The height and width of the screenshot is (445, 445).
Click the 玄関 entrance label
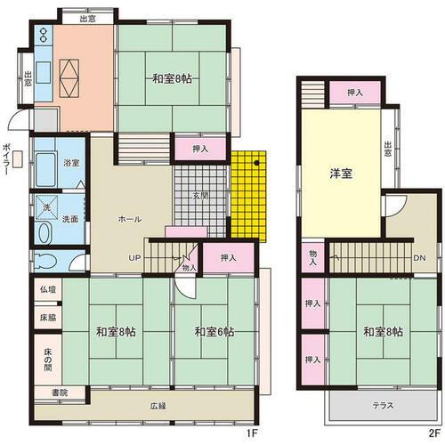200,196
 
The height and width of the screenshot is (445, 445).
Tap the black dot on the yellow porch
256,163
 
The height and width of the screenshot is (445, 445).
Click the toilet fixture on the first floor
45,261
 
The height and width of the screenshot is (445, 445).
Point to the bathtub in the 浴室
45,169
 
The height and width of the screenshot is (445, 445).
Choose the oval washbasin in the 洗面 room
44,233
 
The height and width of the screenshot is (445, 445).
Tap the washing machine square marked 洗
47,207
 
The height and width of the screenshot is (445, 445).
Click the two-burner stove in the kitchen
44,35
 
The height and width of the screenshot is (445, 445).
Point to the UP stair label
134,258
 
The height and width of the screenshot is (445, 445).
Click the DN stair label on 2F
419,258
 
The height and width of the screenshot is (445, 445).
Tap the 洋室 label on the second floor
341,174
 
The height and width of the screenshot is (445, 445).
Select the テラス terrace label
384,406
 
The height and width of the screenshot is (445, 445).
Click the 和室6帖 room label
214,331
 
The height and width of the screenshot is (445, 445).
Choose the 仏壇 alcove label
48,289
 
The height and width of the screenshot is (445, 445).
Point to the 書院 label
60,392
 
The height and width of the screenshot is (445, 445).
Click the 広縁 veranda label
158,406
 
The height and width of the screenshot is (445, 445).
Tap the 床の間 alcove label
48,360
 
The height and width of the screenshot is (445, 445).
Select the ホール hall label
130,219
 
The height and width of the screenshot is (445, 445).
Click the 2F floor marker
434,433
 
